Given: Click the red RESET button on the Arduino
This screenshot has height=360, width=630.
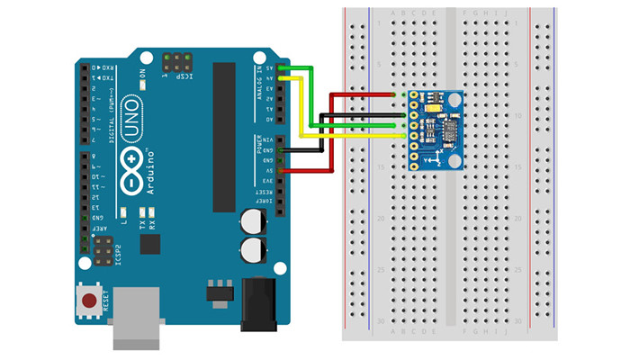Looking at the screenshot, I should coord(89,299).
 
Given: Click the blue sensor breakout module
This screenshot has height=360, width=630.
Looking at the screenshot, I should coord(435,130).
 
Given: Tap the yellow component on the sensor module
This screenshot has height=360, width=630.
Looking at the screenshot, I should coord(436,107).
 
